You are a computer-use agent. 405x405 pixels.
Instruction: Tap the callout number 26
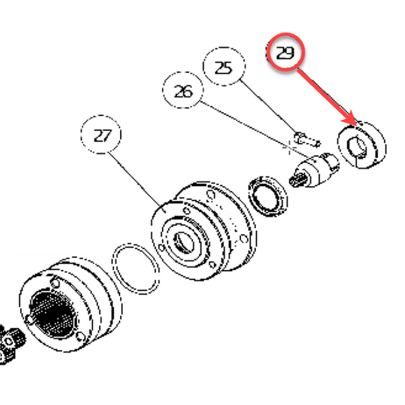pyautogui.click(x=183, y=91)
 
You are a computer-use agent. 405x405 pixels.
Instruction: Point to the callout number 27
pyautogui.click(x=102, y=135)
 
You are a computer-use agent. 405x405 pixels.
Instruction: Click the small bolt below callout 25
pyautogui.click(x=306, y=139)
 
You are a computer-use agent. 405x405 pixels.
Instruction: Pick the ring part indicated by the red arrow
pyautogui.click(x=364, y=145)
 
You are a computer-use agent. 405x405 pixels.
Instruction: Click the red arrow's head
pyautogui.click(x=356, y=122)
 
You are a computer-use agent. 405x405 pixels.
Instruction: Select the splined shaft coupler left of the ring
pyautogui.click(x=313, y=170)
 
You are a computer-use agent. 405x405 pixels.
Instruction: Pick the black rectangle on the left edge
pyautogui.click(x=41, y=199)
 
